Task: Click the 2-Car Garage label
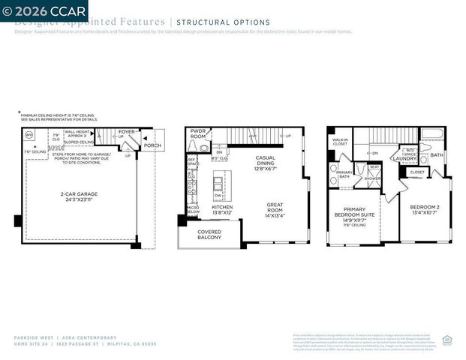pos(80,196)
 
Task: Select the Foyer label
pos(126,132)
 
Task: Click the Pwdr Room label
pos(198,133)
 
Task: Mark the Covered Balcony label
pos(209,235)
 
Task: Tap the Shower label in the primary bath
pos(372,178)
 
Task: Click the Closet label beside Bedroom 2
pos(416,172)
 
